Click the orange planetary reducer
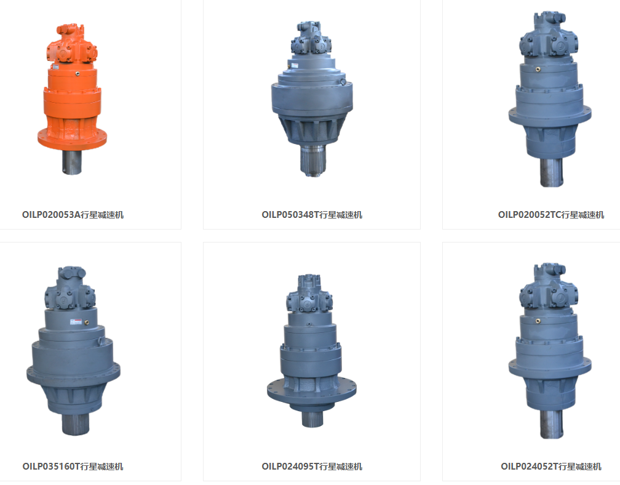click(x=72, y=99)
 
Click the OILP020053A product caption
click(x=73, y=215)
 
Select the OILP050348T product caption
click(x=312, y=215)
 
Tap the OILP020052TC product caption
click(x=551, y=215)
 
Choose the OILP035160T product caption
click(x=73, y=467)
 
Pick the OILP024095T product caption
click(x=312, y=467)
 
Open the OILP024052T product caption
click(x=551, y=467)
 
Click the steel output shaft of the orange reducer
click(x=72, y=162)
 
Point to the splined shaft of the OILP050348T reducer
click(x=312, y=160)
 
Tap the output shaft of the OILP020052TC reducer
click(x=552, y=172)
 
